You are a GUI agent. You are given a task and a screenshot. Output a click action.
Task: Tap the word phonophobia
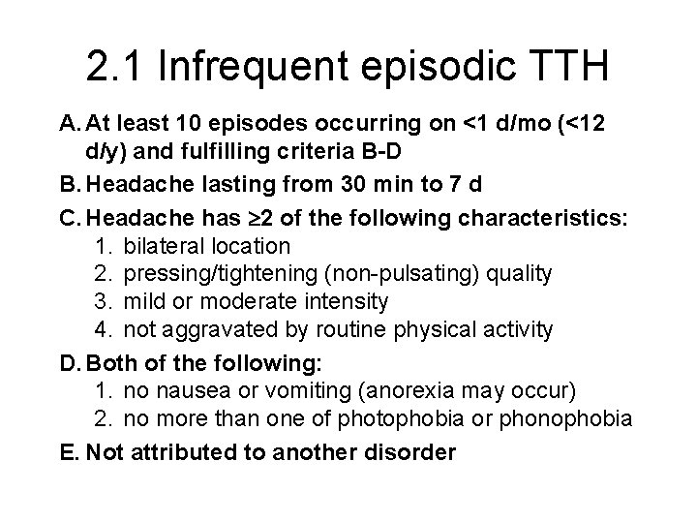[x=573, y=418]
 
